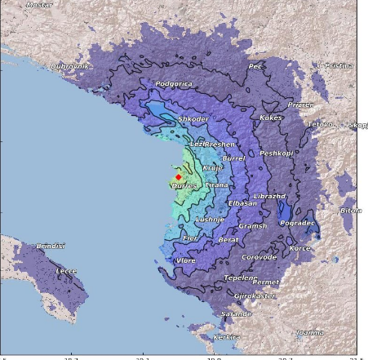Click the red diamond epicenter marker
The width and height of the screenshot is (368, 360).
(178, 176)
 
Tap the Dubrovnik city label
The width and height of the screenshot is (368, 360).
(70, 66)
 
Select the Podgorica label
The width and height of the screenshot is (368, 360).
(173, 83)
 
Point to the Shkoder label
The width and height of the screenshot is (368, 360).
(193, 119)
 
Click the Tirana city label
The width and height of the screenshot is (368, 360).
(216, 185)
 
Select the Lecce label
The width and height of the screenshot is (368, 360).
(66, 270)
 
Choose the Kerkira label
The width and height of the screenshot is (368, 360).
(226, 336)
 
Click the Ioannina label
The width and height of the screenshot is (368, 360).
(309, 332)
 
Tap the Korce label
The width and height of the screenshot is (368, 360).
(300, 247)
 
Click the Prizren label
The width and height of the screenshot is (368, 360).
(300, 105)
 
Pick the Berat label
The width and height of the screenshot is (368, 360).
(228, 240)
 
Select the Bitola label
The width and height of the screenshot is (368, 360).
(351, 211)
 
